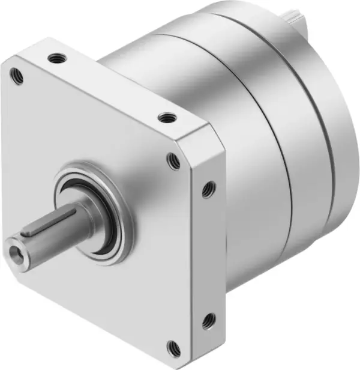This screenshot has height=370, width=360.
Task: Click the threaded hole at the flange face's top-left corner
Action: (14, 74)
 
